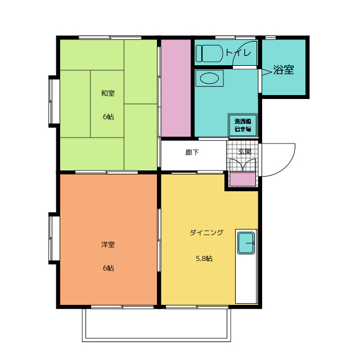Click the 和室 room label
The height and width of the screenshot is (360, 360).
pos(108,93)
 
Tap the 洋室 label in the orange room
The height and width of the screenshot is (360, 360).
pos(108,245)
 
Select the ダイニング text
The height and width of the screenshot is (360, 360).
pos(206,232)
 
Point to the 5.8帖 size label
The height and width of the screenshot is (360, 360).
pos(204,259)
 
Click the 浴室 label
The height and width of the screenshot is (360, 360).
pos(283,70)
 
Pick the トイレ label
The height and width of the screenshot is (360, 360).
pos(238,53)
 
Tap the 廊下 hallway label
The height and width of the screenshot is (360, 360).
pos(192,152)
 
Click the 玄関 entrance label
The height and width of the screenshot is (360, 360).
pos(245,152)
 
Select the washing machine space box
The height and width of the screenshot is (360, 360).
pos(242,125)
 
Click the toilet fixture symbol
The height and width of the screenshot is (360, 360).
pos(209,53)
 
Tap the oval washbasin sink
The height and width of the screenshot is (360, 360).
pos(209,78)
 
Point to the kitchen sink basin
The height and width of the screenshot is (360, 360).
pos(246,243)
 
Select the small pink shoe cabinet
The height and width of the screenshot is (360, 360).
pos(242,179)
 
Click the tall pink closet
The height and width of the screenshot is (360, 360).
pos(176,88)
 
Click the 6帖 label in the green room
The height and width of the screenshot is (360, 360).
pos(108,117)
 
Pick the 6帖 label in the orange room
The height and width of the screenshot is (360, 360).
pos(108,268)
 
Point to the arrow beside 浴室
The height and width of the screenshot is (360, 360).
pos(267,73)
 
